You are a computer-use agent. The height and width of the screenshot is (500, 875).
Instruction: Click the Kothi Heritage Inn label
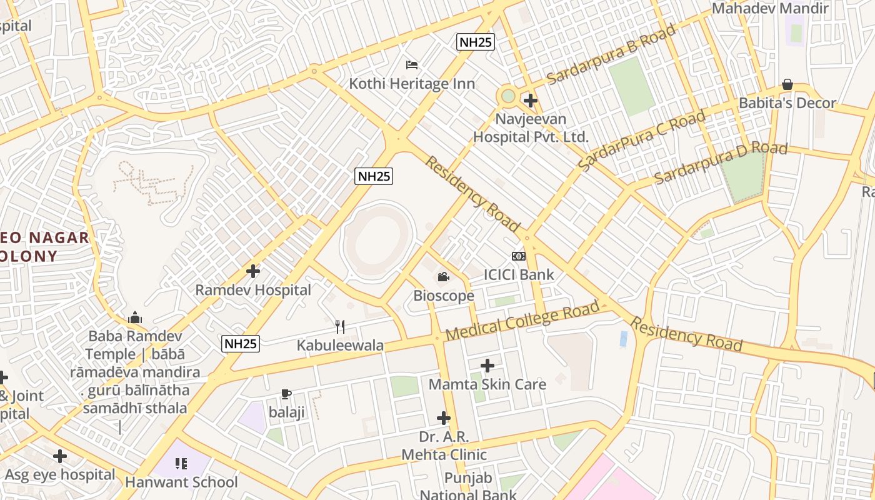click(412, 84)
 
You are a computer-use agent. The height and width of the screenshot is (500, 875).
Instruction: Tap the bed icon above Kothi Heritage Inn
click(412, 64)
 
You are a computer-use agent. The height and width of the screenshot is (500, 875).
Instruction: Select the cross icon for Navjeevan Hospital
click(530, 100)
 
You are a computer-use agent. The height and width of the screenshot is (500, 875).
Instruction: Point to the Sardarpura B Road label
click(611, 54)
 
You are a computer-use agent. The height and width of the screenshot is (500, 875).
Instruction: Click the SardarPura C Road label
click(642, 140)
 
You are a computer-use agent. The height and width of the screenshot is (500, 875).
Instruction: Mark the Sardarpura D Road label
click(721, 163)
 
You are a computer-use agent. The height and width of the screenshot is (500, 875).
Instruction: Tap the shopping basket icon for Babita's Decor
click(787, 84)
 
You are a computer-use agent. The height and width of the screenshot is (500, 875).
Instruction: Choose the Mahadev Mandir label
click(770, 9)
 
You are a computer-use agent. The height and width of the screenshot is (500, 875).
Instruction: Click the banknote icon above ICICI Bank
click(519, 256)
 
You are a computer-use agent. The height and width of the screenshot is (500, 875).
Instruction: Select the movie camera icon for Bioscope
click(444, 277)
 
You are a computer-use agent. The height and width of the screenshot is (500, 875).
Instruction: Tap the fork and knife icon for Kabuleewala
click(340, 326)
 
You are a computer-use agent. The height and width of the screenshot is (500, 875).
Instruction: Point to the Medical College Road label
click(522, 322)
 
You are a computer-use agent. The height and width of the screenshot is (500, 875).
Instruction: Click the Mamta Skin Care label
click(487, 384)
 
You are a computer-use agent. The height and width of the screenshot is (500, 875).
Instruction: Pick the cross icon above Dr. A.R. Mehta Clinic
click(444, 417)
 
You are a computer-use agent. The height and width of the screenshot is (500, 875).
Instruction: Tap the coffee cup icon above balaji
click(286, 394)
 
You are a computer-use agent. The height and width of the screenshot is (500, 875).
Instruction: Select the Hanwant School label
click(181, 482)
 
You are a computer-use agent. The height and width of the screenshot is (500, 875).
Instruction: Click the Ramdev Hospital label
click(253, 290)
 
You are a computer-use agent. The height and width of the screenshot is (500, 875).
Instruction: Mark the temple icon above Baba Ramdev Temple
click(135, 318)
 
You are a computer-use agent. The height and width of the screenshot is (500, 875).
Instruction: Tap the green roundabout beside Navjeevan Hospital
click(508, 96)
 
